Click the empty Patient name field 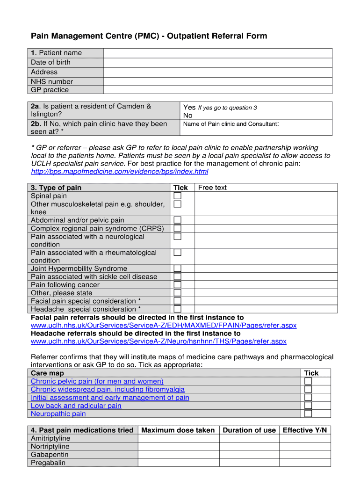tap(217, 53)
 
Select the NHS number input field tap(217, 81)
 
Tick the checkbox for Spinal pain tap(177, 196)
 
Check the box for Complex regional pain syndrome tap(177, 228)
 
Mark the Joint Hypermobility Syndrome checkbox tap(177, 269)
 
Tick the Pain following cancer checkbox tap(177, 285)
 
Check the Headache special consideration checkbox tap(177, 309)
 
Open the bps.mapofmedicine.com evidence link tap(119, 172)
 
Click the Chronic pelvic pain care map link tap(97, 381)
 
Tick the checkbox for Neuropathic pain tap(308, 414)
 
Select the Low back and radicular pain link tap(76, 406)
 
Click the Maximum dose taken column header tap(178, 430)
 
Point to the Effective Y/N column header tap(305, 430)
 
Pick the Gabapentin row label tap(50, 455)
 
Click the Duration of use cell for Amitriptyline tap(249, 438)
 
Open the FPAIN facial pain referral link tap(163, 325)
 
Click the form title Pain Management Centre tap(149, 36)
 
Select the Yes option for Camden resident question tap(189, 108)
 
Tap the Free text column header tap(212, 188)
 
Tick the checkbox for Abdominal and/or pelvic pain tap(177, 220)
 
